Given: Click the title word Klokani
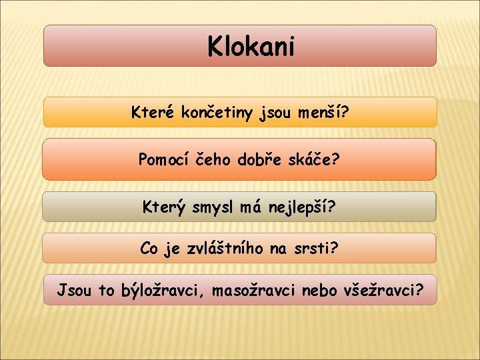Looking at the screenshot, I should [251, 47].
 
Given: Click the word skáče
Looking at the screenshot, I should [313, 159].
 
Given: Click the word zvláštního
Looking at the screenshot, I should [221, 249].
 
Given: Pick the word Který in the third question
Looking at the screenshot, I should [163, 207].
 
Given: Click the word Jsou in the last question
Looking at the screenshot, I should [74, 290].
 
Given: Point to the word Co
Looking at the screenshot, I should [149, 249].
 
